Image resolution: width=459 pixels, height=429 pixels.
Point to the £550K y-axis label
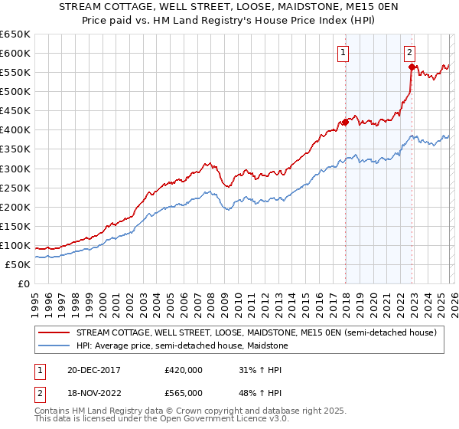[x=15, y=73]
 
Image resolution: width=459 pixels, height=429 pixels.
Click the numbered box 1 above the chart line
[x=342, y=53]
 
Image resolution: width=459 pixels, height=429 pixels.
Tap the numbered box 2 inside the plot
[x=409, y=53]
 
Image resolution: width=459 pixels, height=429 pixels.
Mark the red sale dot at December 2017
[x=345, y=122]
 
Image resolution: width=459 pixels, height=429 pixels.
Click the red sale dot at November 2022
[x=412, y=67]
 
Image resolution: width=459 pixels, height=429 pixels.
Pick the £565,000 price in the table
[x=184, y=392]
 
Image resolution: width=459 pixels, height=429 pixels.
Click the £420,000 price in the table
[x=184, y=369]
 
